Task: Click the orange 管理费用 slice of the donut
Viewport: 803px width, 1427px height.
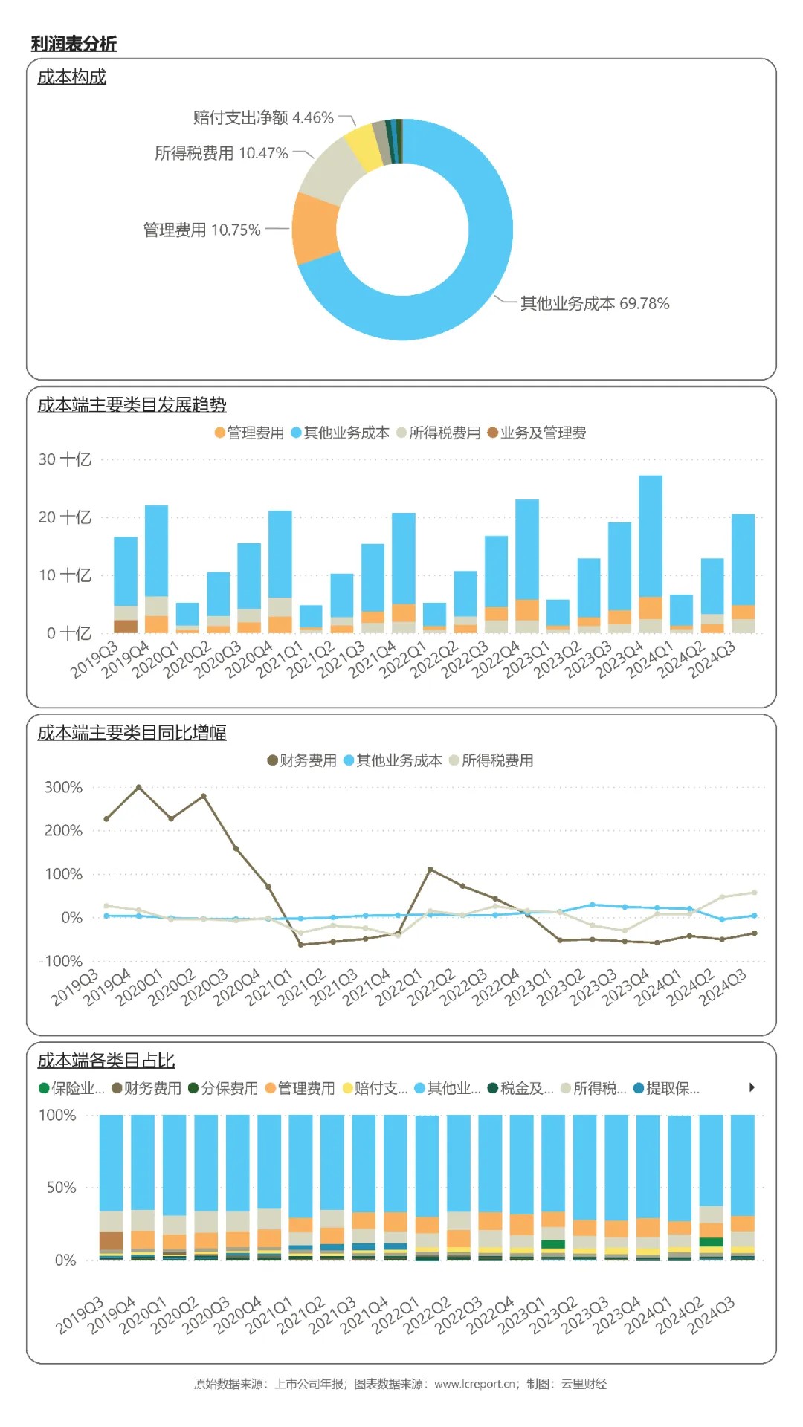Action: coord(315,229)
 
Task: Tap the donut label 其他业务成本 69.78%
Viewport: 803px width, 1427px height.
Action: coord(594,303)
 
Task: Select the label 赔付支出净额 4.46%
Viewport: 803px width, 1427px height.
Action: coord(263,117)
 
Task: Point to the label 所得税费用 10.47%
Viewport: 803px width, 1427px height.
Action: coord(221,153)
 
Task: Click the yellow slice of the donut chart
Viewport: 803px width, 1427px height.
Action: coord(363,146)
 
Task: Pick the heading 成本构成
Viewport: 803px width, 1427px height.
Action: coord(72,77)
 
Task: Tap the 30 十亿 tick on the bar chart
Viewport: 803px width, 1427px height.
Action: coord(65,459)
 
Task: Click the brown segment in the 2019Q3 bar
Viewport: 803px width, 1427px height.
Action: coord(126,626)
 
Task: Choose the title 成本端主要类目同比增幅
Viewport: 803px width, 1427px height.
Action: coord(132,733)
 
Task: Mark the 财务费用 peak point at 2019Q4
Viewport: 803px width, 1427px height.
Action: coord(139,787)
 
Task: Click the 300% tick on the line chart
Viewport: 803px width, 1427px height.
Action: coord(63,787)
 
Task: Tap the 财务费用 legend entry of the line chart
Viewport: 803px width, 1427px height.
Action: coord(302,760)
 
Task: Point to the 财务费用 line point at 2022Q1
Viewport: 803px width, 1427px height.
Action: coord(430,869)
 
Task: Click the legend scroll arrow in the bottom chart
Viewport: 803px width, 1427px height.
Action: coord(752,1087)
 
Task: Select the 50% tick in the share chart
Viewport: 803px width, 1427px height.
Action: coord(62,1187)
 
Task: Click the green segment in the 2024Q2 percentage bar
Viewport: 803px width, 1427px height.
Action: coord(712,1242)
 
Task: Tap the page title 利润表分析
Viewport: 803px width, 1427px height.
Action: coord(74,44)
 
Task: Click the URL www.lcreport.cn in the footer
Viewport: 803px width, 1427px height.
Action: coord(475,1384)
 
